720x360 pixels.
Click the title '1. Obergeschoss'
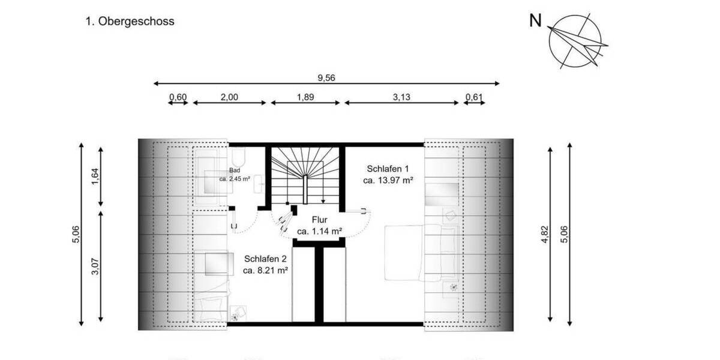tap(130, 22)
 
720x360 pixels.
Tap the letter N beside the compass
tap(535, 21)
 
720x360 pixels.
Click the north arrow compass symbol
tap(575, 40)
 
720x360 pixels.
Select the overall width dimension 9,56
tap(326, 77)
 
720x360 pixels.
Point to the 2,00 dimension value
tap(229, 98)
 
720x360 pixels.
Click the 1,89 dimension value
tap(305, 98)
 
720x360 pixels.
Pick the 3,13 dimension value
tap(401, 98)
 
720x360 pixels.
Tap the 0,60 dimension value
tap(178, 98)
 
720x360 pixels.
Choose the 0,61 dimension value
tap(474, 98)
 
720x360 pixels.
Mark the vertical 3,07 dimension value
tap(94, 263)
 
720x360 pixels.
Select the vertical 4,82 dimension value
tap(545, 234)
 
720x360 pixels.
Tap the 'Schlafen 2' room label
tap(266, 259)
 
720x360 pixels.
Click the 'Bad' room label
tap(234, 171)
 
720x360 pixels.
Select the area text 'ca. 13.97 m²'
tap(388, 179)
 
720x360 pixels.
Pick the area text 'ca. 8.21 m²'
tap(266, 271)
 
